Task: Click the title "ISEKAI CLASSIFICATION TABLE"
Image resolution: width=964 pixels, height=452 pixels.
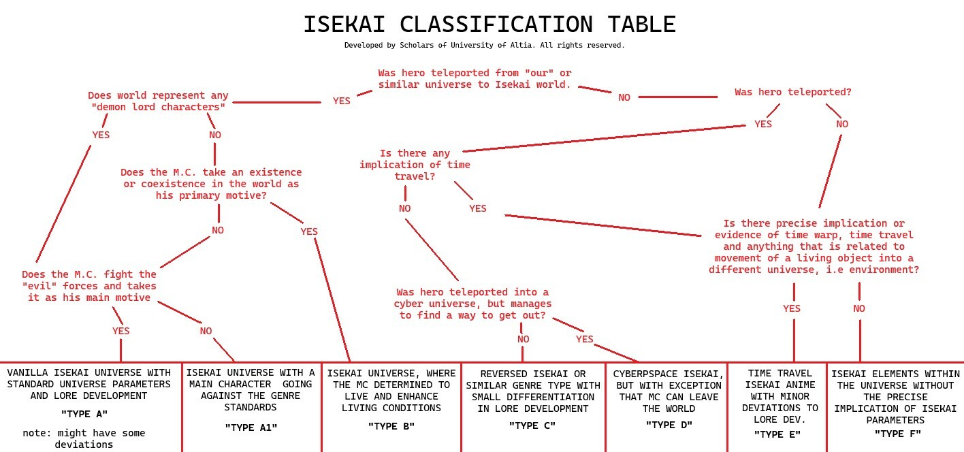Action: tap(489, 25)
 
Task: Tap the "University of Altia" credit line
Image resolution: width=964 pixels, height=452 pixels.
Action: tap(484, 46)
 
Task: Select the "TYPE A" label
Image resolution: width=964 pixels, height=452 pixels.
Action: tap(84, 414)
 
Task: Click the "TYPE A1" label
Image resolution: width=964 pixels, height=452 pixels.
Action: tap(251, 427)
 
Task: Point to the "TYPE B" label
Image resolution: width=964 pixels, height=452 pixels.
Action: tap(391, 426)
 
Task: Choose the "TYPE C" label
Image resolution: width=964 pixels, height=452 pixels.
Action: tap(532, 425)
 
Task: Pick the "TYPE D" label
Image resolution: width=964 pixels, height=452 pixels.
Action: tap(669, 425)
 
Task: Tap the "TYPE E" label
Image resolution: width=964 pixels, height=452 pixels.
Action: tap(777, 434)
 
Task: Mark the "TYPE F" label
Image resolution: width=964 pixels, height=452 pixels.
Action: tap(897, 434)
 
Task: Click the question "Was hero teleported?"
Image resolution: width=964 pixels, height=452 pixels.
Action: tap(793, 92)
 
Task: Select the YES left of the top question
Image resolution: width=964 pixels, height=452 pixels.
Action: tap(342, 101)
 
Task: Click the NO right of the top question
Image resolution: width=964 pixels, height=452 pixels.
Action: tap(624, 97)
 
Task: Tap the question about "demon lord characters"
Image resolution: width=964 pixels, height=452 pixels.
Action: tap(158, 101)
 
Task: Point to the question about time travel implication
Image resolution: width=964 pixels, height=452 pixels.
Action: tap(415, 165)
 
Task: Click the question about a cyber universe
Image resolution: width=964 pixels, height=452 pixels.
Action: tap(472, 304)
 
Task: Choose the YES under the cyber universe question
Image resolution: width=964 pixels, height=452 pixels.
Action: tap(585, 339)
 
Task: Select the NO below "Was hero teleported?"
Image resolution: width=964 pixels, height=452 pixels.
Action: tap(842, 124)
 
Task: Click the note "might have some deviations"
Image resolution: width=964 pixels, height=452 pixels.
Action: tap(84, 438)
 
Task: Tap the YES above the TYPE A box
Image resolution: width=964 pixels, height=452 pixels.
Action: tap(120, 331)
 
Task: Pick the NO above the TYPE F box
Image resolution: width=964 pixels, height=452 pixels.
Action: tap(859, 308)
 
